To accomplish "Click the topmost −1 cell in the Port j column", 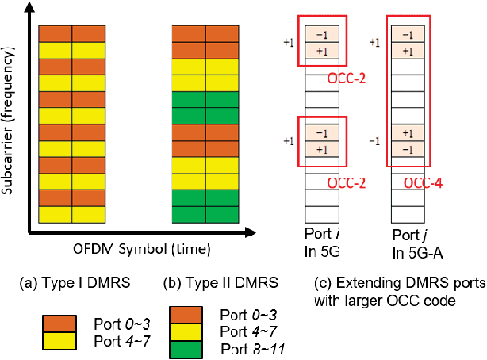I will [406, 36].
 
